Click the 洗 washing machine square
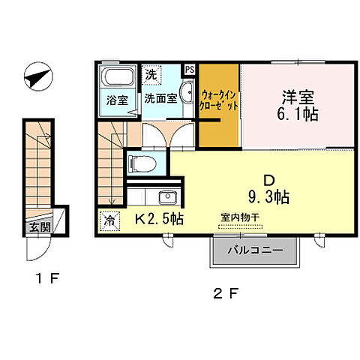pyautogui.click(x=151, y=75)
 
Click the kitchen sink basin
pyautogui.click(x=166, y=198)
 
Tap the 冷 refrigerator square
pyautogui.click(x=109, y=220)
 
